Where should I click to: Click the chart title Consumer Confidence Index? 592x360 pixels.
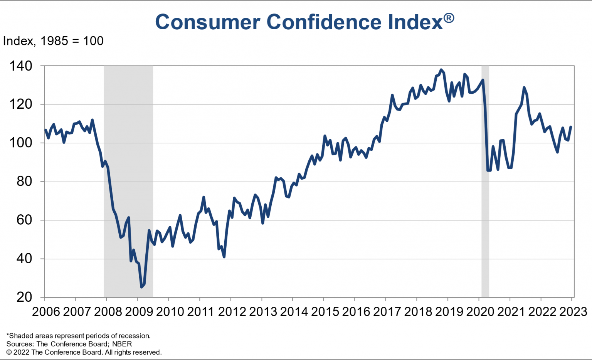click(x=299, y=22)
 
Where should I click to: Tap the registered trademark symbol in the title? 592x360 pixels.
click(x=449, y=18)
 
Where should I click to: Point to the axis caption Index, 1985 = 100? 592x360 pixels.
click(x=53, y=41)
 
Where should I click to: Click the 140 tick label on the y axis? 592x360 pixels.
click(x=21, y=66)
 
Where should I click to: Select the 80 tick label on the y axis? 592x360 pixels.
click(x=24, y=182)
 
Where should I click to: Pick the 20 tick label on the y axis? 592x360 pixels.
click(x=24, y=297)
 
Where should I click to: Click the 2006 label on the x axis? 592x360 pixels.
click(x=46, y=311)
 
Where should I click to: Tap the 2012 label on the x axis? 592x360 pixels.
click(x=232, y=311)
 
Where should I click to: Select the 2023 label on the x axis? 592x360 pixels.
click(x=573, y=311)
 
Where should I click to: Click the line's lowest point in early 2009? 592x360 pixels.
click(x=141, y=287)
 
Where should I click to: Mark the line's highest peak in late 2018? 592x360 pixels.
click(x=441, y=70)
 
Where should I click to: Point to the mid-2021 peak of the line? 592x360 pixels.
click(x=524, y=87)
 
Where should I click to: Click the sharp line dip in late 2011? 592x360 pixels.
click(x=224, y=257)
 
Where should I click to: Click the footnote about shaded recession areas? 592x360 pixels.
click(x=79, y=336)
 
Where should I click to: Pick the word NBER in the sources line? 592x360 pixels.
click(x=122, y=344)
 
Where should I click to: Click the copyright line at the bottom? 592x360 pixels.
click(x=84, y=352)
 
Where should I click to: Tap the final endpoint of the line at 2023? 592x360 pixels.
click(x=571, y=127)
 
